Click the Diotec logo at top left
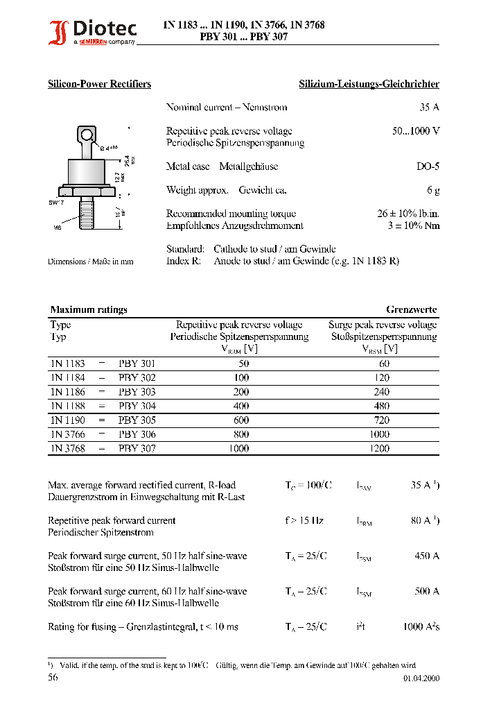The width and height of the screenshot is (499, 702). pyautogui.click(x=92, y=31)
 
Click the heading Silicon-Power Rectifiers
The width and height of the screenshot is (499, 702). pyautogui.click(x=99, y=84)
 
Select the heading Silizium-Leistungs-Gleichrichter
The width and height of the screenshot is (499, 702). pyautogui.click(x=369, y=84)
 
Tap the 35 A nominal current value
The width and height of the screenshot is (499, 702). pyautogui.click(x=430, y=108)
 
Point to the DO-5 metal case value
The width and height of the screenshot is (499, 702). pyautogui.click(x=428, y=166)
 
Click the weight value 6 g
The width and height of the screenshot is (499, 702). pyautogui.click(x=433, y=190)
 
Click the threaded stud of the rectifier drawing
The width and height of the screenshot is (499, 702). pyautogui.click(x=87, y=212)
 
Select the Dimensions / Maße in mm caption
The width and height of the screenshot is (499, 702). pyautogui.click(x=90, y=262)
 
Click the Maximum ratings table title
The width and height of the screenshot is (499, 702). pyautogui.click(x=89, y=309)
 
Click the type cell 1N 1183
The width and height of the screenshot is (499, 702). pyautogui.click(x=67, y=363)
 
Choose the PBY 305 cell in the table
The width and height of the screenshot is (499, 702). pyautogui.click(x=137, y=420)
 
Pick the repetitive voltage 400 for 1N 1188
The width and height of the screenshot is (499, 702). pyautogui.click(x=242, y=406)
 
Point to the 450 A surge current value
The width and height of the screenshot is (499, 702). pyautogui.click(x=426, y=556)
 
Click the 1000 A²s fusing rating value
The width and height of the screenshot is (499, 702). pyautogui.click(x=421, y=626)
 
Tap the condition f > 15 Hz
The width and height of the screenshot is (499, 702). pyautogui.click(x=304, y=520)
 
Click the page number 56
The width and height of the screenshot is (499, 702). pyautogui.click(x=53, y=677)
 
